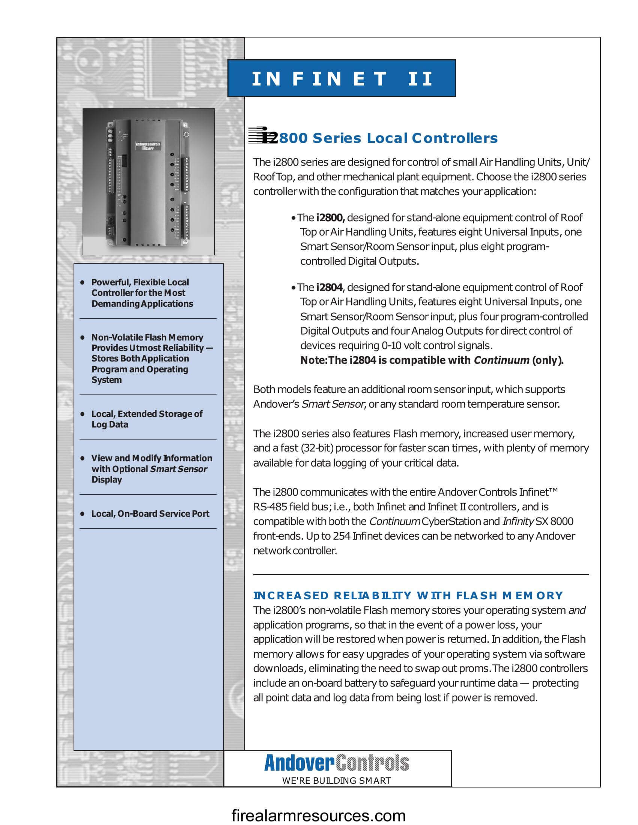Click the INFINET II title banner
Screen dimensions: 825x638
tap(341, 78)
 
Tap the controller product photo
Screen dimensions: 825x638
tap(149, 182)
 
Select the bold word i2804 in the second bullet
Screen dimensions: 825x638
tap(329, 288)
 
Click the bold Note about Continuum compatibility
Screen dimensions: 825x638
tap(432, 360)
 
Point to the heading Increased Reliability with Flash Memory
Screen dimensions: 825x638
tap(408, 596)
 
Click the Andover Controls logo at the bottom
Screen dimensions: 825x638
tap(336, 763)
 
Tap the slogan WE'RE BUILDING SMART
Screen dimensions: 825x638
tap(336, 780)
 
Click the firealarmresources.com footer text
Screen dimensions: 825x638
tap(318, 815)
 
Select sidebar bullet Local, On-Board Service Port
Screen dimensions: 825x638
tap(150, 514)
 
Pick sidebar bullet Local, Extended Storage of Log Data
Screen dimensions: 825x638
tap(147, 419)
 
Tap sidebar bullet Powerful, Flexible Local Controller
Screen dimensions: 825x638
tap(142, 293)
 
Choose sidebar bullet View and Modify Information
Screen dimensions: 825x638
tap(151, 469)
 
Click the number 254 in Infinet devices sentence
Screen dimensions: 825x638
tap(342, 536)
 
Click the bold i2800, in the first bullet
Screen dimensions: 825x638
tap(330, 217)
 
